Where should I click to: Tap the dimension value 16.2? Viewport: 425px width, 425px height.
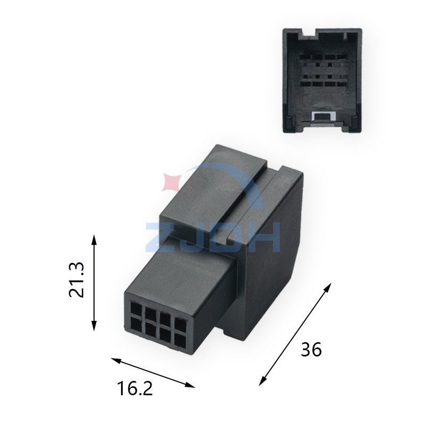click(135, 389)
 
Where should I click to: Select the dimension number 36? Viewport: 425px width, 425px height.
click(311, 350)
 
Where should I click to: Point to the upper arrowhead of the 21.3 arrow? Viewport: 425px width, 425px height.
click(95, 237)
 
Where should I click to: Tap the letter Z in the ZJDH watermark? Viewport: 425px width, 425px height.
click(161, 237)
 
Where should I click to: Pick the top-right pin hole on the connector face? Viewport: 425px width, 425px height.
click(182, 324)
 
